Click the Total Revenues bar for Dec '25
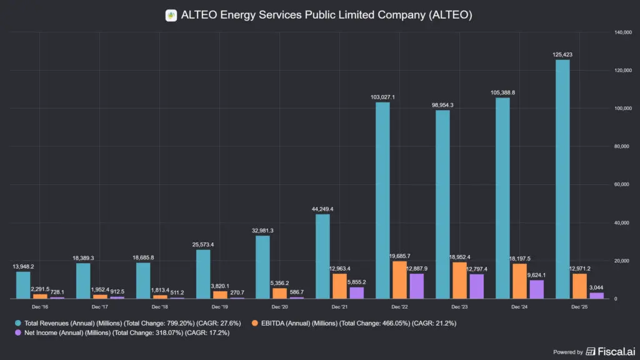coord(562,179)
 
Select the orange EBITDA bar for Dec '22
coord(399,280)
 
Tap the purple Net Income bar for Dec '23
coord(476,286)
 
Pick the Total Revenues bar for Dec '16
coord(23,285)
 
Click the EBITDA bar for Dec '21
coord(339,286)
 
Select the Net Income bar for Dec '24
coord(536,289)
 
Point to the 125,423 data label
coord(562,55)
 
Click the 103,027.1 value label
coord(382,97)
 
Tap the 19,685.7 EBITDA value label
coord(399,256)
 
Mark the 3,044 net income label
coord(596,287)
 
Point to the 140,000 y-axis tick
coord(623,32)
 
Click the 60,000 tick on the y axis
coord(622,184)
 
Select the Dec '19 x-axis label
coord(219,307)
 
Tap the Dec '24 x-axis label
coord(519,307)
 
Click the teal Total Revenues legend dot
coord(18,323)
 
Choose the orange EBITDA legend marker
coord(255,323)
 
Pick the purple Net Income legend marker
coord(18,332)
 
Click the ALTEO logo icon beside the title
coord(171,16)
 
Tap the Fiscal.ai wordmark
coord(616,351)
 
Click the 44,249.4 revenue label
coord(322,209)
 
